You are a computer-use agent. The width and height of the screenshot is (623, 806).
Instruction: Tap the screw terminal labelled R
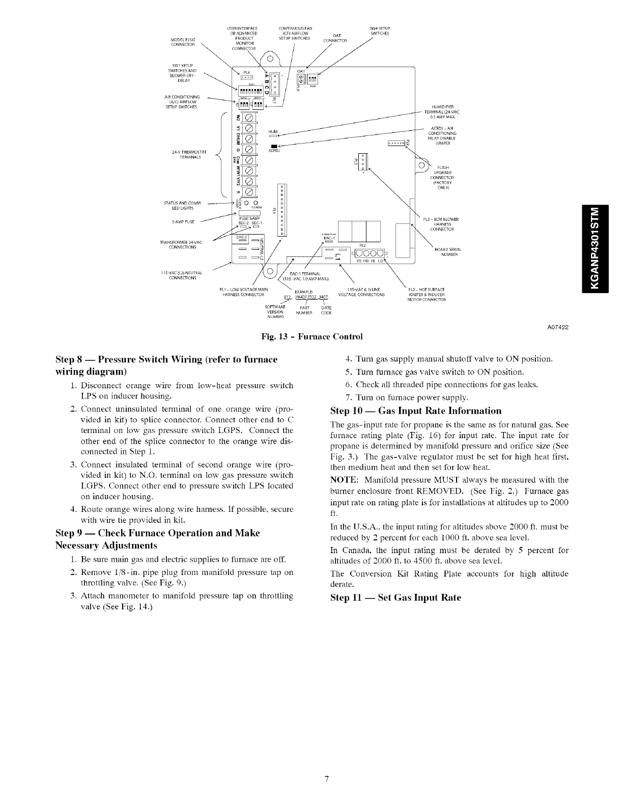249,192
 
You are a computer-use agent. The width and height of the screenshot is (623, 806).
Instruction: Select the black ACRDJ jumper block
273,147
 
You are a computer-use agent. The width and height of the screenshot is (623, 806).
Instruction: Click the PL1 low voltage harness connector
283,209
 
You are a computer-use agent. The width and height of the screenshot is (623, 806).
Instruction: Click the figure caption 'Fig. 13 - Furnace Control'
311,337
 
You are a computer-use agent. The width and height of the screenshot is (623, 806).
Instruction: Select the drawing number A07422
557,327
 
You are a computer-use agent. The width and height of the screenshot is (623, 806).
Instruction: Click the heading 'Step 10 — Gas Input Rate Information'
416,411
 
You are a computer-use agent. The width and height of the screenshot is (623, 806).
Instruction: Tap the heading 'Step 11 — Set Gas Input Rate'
395,597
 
